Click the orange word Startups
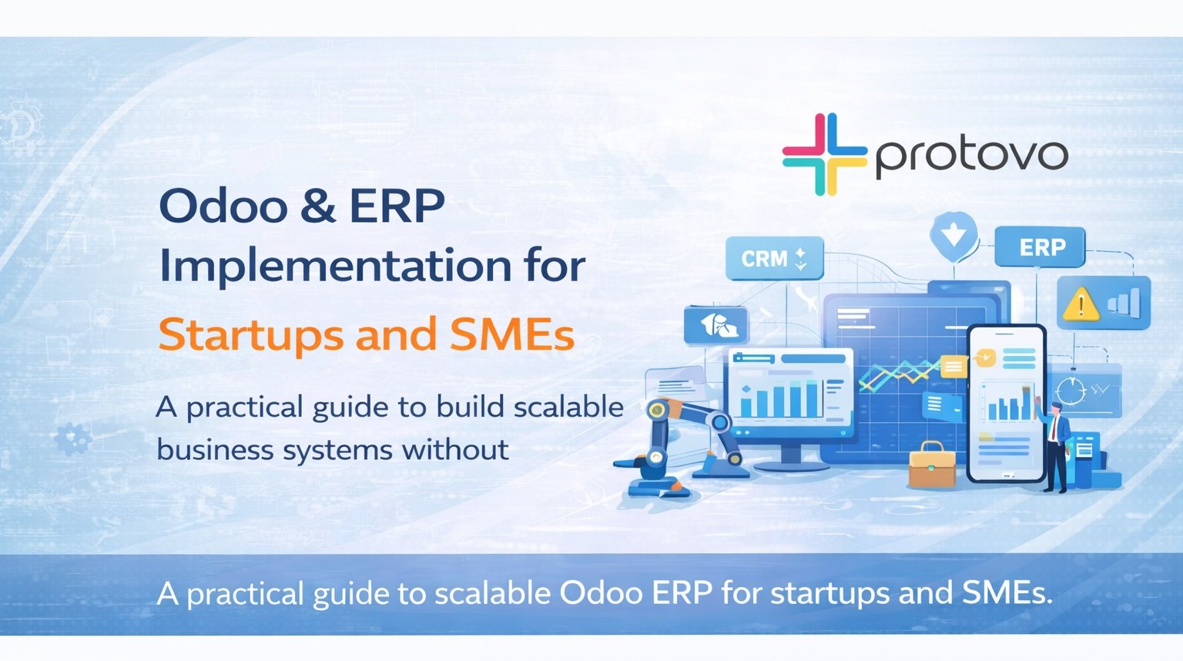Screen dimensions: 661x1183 250,335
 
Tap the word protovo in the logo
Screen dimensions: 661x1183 971,156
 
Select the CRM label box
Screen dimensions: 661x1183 774,258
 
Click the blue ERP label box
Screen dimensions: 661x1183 1041,247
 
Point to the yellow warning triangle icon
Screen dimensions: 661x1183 1081,304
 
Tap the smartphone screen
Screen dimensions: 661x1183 1006,404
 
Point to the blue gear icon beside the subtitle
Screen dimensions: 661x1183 74,439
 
